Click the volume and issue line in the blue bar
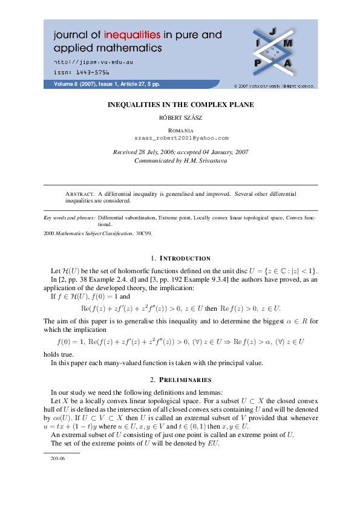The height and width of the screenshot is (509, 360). pos(107,84)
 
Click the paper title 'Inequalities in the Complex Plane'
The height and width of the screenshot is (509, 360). pos(180,105)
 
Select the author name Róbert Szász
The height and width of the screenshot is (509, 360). pos(180,119)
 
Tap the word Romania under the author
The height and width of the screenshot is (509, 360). pos(180,131)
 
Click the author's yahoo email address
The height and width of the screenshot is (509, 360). pos(180,138)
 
